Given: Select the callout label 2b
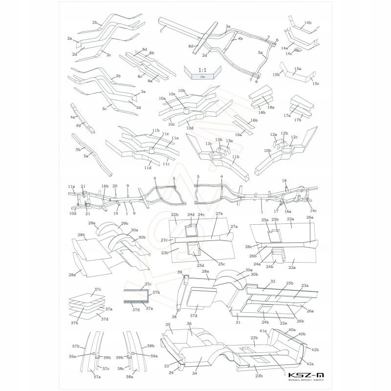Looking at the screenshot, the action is coord(94,22).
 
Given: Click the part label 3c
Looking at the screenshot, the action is coord(104,109).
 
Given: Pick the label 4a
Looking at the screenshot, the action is coord(72,117).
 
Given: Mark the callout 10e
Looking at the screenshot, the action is coord(172,94).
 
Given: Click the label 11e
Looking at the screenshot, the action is coord(166,134).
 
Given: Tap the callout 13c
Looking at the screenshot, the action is coord(209,144).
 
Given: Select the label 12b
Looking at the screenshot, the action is coord(284,133).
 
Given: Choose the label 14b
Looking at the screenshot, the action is coord(307,23).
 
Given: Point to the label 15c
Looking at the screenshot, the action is coord(316,84).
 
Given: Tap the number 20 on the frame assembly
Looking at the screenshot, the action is coord(115,186).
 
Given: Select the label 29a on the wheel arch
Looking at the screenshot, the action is coord(91,223).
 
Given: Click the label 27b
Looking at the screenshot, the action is coord(219,214).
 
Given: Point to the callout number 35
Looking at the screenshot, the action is coord(167,325).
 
